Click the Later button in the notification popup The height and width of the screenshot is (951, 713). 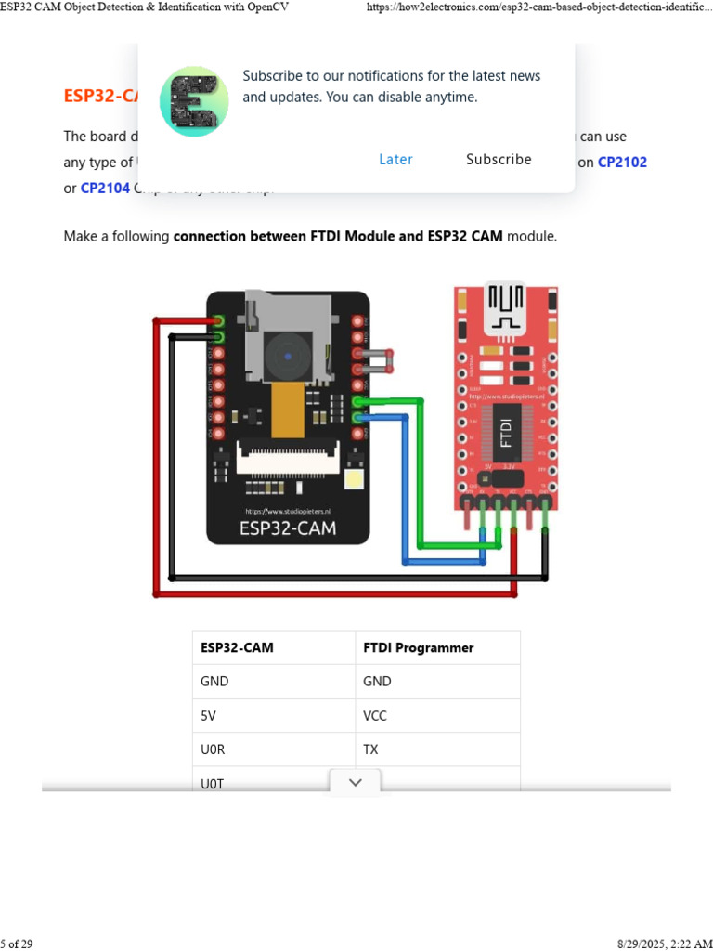click(x=395, y=160)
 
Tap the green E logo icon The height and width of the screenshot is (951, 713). click(x=193, y=100)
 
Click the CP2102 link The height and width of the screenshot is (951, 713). click(x=622, y=162)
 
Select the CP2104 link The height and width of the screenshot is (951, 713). click(x=105, y=189)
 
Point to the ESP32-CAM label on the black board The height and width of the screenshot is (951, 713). click(x=288, y=529)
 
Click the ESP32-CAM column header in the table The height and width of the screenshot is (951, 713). click(x=237, y=647)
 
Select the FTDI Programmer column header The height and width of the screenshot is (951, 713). click(x=418, y=647)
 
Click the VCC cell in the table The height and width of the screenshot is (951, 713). click(x=375, y=715)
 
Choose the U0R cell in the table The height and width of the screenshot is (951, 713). click(x=213, y=749)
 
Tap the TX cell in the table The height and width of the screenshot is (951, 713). click(x=370, y=749)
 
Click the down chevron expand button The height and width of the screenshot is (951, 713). click(x=355, y=783)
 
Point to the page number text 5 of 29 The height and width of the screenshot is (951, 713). click(x=17, y=944)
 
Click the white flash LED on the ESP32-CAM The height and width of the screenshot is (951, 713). click(x=353, y=479)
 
